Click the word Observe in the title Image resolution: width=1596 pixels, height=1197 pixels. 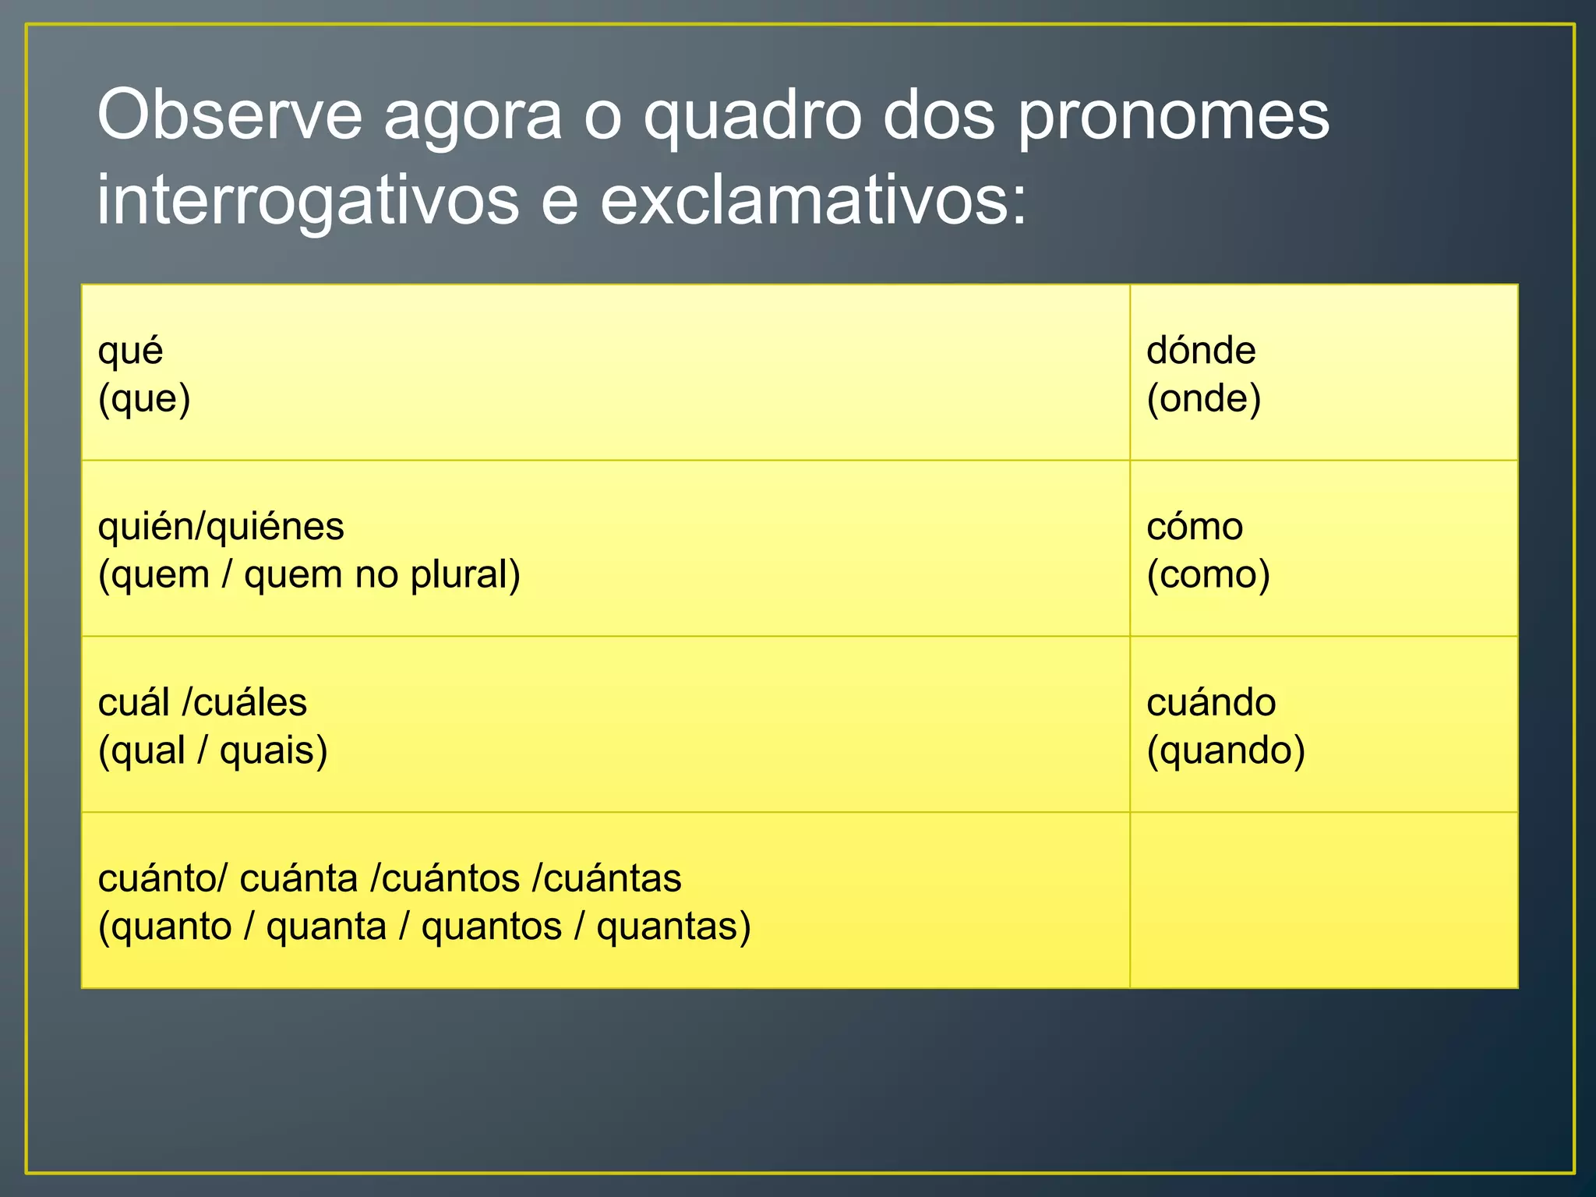click(230, 115)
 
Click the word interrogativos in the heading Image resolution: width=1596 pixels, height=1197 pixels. click(308, 201)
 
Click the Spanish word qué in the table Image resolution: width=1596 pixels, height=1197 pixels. click(130, 351)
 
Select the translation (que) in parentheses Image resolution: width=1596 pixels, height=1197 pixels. click(144, 399)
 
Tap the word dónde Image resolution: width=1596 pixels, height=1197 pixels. click(1201, 351)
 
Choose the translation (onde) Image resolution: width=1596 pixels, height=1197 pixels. click(1203, 399)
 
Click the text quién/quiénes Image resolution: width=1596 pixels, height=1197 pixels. click(221, 527)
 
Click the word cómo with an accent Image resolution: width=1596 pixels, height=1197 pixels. click(1195, 527)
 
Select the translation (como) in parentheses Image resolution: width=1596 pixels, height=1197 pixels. click(1208, 575)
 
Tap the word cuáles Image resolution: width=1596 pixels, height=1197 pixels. click(250, 703)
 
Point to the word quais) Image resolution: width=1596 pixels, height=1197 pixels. click(273, 751)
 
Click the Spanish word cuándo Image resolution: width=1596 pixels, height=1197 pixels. click(1211, 703)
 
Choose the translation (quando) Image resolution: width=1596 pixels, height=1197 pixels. click(1225, 751)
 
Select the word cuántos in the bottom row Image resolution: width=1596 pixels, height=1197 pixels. click(450, 879)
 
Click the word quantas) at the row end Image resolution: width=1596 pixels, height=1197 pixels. click(673, 927)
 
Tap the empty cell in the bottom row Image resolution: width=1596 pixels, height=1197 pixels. click(1323, 900)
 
